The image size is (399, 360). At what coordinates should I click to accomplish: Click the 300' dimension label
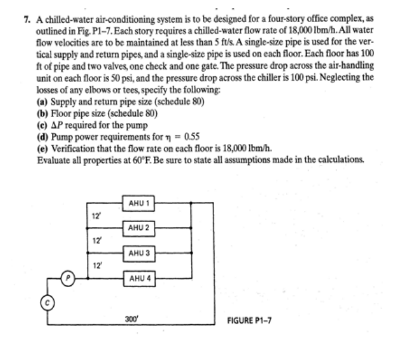pyautogui.click(x=132, y=319)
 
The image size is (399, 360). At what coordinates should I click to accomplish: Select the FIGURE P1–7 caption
pyautogui.click(x=249, y=320)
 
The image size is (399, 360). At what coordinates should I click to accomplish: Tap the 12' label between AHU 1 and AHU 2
pyautogui.click(x=96, y=216)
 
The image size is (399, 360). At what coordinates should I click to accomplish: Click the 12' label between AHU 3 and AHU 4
pyautogui.click(x=97, y=266)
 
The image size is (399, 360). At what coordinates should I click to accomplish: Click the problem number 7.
pyautogui.click(x=27, y=20)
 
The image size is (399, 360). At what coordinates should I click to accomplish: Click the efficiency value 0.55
pyautogui.click(x=192, y=137)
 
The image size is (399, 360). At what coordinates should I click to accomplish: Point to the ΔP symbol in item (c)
pyautogui.click(x=57, y=125)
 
